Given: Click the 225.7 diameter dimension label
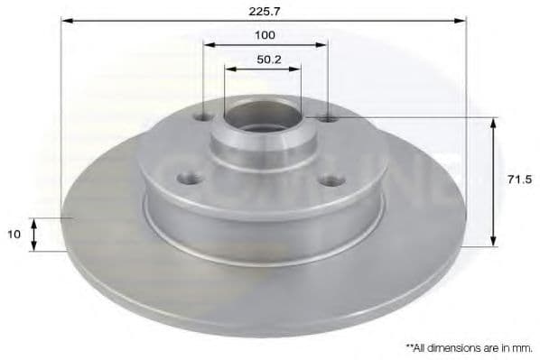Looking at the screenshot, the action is [265, 12].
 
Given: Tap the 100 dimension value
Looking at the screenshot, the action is [265, 35].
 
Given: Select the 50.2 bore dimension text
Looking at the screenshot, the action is [269, 60].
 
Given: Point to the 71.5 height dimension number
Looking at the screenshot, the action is [519, 180].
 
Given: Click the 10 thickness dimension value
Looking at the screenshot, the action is [14, 235].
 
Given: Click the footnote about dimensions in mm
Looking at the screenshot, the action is [469, 348].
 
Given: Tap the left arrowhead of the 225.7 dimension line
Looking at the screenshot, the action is [67, 21].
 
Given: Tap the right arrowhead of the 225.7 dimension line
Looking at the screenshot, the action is [461, 21].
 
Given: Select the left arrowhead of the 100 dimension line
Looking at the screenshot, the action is [209, 45].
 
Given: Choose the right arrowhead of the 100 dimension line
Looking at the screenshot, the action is [321, 45].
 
